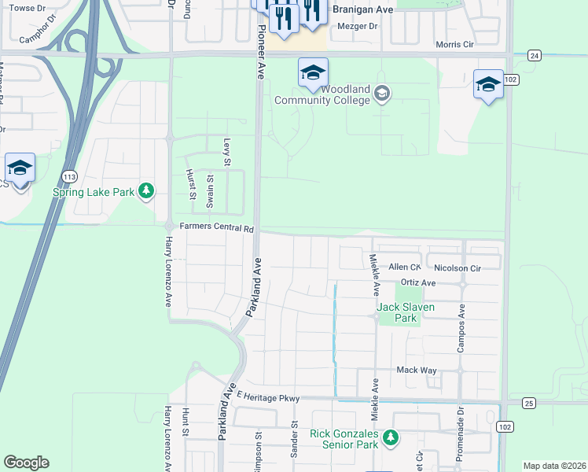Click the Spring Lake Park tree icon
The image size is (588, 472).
(x=145, y=190)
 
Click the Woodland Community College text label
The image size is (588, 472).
(x=322, y=94)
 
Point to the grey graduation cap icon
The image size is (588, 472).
(x=382, y=94)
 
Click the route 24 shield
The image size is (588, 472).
(x=535, y=55)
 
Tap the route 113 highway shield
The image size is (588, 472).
(x=70, y=175)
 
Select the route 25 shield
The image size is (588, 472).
(x=527, y=403)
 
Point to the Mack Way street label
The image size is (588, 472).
(x=416, y=369)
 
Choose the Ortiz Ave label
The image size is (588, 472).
(x=417, y=282)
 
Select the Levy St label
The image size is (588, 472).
(x=226, y=152)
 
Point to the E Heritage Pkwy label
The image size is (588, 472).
(x=267, y=398)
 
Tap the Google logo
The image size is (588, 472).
(x=26, y=463)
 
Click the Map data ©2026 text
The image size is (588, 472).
(x=554, y=466)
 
